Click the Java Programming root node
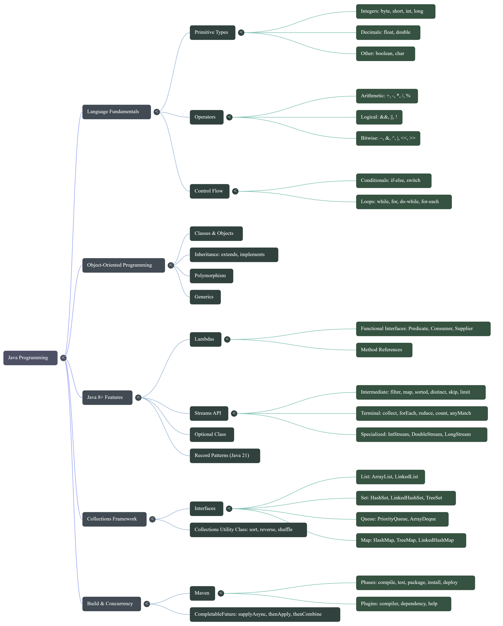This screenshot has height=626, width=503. tap(30, 358)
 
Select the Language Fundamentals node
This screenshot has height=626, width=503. tap(116, 112)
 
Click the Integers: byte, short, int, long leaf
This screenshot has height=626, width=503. tap(395, 11)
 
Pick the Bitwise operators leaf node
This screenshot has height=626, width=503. tap(388, 138)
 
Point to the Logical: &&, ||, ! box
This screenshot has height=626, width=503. tap(379, 117)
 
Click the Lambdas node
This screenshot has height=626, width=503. tap(205, 339)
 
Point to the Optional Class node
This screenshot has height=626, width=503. tap(212, 434)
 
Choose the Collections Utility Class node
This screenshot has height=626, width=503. tap(248, 530)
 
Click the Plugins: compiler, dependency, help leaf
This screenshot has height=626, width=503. tap(403, 604)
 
